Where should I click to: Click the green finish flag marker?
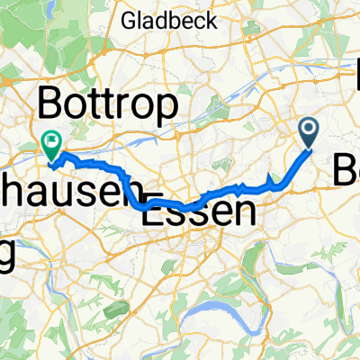[50, 141]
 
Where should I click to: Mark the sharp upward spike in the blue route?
[272, 176]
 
